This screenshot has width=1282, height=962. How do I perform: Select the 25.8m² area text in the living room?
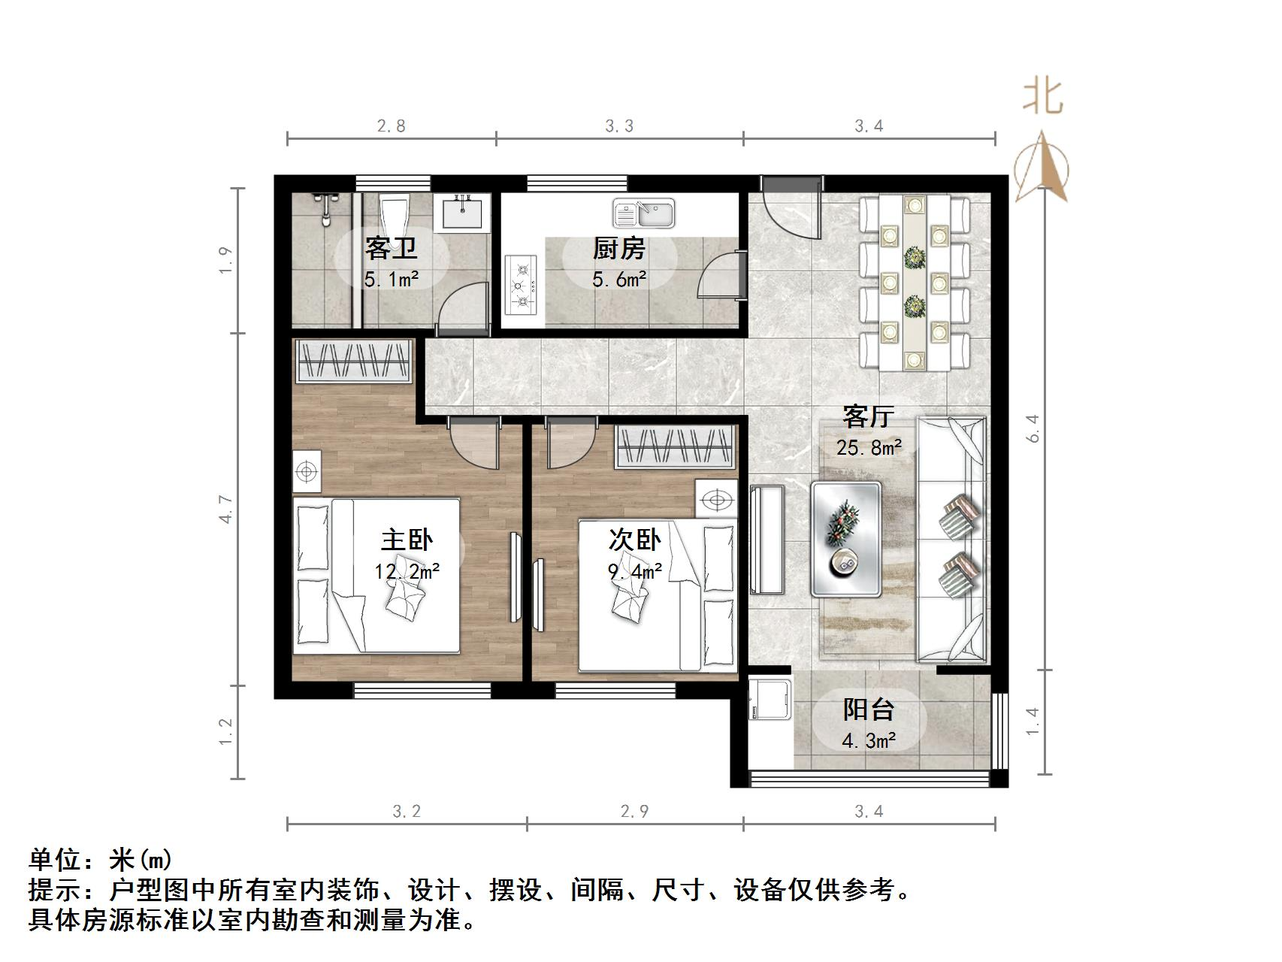(869, 448)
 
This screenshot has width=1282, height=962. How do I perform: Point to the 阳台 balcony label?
(868, 709)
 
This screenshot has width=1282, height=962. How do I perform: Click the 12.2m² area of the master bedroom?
(407, 572)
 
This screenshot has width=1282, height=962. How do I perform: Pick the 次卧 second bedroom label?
(634, 540)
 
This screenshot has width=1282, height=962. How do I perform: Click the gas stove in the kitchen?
(522, 284)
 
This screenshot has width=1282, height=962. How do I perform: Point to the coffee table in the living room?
(845, 538)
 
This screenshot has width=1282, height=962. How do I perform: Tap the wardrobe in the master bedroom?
(354, 362)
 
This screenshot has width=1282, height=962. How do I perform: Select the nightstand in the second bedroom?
(716, 498)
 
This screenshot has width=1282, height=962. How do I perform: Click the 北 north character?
(1042, 97)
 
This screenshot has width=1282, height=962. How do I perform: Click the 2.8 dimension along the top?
(391, 126)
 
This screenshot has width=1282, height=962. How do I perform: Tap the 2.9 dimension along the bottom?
(634, 812)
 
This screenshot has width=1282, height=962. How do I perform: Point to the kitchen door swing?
(719, 277)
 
